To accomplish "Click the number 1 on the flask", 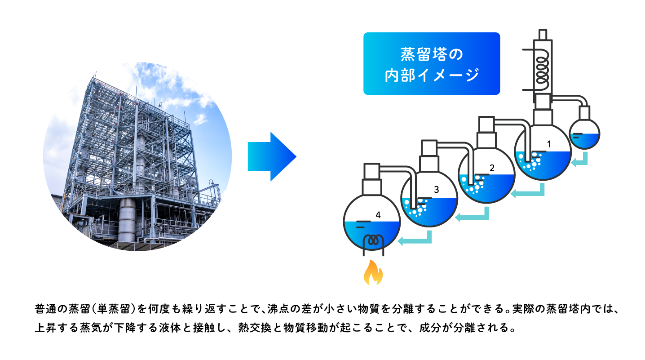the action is click(x=549, y=144).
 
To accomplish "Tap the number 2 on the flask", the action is click(x=492, y=168).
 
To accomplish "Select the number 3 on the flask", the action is click(x=437, y=190).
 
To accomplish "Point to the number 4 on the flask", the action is click(x=378, y=215).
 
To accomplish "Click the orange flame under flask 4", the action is click(x=373, y=273).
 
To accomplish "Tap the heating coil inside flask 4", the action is click(x=373, y=244).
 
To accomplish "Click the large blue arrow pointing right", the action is click(x=272, y=156).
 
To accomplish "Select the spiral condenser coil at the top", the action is click(x=542, y=71).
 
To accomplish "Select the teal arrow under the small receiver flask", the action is click(x=579, y=161).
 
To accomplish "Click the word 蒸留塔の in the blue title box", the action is click(x=432, y=54).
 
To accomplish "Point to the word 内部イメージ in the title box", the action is click(x=432, y=75).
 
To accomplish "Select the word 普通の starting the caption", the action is click(x=51, y=309).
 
